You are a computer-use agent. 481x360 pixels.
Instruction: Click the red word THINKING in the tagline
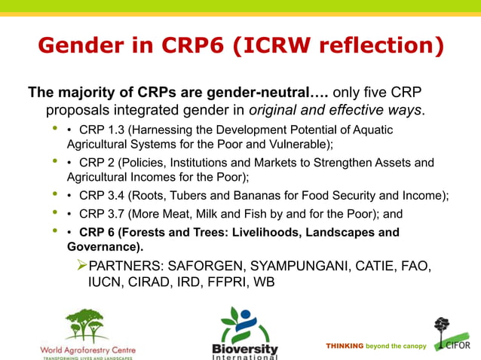click(345, 346)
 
